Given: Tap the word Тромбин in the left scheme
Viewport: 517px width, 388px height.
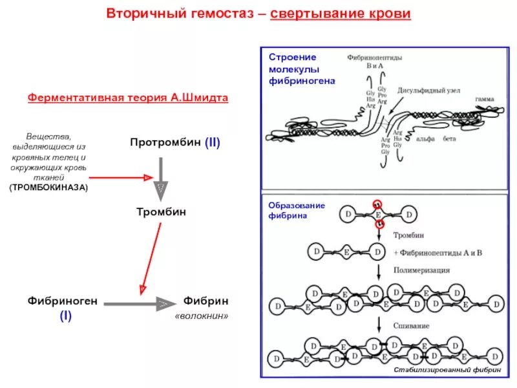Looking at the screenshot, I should pos(160,211).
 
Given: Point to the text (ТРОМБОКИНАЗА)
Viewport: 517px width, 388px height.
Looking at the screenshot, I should pos(48,187).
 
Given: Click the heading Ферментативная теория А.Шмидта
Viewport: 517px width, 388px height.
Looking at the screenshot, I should pos(128,98).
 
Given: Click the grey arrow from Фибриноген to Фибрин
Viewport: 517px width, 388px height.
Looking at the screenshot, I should pos(140,303).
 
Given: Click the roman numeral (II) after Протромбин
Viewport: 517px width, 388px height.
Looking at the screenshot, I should pos(213,143).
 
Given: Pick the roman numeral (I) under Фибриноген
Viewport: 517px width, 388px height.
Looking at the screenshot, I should pos(66,316).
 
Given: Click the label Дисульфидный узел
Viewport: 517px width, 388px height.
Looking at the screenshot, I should pos(428,91).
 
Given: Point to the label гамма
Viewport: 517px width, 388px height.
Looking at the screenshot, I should pos(485,99).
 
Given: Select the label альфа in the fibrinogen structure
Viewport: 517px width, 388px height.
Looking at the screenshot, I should pos(425,138).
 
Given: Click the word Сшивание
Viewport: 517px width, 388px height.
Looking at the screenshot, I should pos(411,326).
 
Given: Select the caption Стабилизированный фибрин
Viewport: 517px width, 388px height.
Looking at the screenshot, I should pos(448,371).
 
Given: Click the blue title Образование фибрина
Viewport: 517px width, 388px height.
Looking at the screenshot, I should pos(287,210).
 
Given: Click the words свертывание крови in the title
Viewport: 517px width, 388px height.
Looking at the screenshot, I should pos(340,14).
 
